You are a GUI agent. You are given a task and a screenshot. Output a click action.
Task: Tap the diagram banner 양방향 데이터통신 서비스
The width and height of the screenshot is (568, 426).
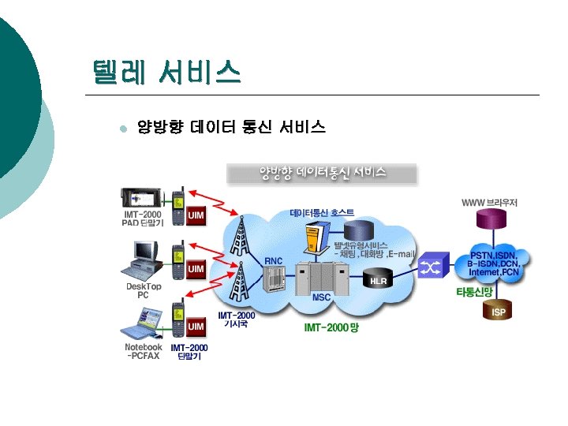pyautogui.click(x=323, y=172)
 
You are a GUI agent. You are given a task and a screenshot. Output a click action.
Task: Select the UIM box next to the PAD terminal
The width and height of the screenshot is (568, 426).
pyautogui.click(x=196, y=215)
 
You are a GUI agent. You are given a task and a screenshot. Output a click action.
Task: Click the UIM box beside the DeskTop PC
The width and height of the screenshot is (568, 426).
pyautogui.click(x=196, y=269)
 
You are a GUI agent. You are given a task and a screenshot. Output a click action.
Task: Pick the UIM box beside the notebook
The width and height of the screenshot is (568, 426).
pyautogui.click(x=196, y=326)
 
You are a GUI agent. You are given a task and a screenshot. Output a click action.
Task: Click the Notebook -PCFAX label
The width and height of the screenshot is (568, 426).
pyautogui.click(x=143, y=351)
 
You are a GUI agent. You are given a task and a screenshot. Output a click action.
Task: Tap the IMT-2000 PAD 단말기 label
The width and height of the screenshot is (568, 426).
pyautogui.click(x=143, y=219)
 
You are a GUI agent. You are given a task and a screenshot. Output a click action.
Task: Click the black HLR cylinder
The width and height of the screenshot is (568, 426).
pyautogui.click(x=379, y=279)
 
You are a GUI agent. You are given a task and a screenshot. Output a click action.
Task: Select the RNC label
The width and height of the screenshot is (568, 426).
pyautogui.click(x=273, y=260)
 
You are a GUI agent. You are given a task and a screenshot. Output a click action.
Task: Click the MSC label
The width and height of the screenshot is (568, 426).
pyautogui.click(x=321, y=297)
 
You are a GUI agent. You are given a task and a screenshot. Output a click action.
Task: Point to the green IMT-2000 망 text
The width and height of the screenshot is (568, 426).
pyautogui.click(x=331, y=327)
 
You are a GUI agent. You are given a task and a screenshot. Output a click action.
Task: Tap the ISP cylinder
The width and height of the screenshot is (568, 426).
pyautogui.click(x=499, y=312)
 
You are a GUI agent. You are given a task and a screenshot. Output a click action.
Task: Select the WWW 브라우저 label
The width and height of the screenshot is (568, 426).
pyautogui.click(x=490, y=203)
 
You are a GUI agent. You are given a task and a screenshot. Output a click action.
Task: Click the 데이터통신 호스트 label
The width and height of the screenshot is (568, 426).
pyautogui.click(x=322, y=213)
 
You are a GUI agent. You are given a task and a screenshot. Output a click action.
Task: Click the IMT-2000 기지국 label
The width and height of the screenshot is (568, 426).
pyautogui.click(x=237, y=319)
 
